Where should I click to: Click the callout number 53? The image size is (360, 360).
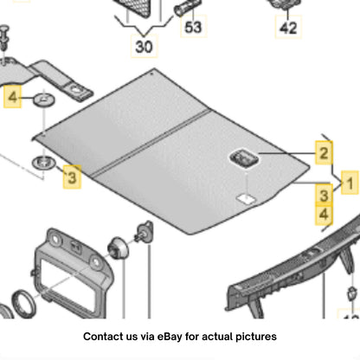[193, 28]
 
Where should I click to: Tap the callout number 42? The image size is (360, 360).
[288, 28]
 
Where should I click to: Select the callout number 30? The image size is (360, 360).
[144, 47]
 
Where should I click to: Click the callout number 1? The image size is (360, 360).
[350, 183]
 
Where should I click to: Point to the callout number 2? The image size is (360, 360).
[324, 153]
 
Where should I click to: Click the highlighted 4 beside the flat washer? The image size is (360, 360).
[13, 97]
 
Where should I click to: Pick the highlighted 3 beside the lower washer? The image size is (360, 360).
[72, 177]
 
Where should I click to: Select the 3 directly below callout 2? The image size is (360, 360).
[324, 196]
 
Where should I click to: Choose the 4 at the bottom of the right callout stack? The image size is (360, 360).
[324, 215]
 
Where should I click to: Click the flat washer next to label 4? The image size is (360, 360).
[45, 100]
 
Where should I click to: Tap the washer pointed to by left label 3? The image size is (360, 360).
[43, 163]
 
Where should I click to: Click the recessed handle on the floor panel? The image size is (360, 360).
[244, 157]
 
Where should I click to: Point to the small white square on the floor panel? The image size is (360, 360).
[246, 199]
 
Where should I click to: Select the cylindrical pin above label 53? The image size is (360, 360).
[187, 7]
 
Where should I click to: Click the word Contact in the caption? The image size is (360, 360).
[100, 337]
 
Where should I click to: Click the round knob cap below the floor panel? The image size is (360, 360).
[118, 248]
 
